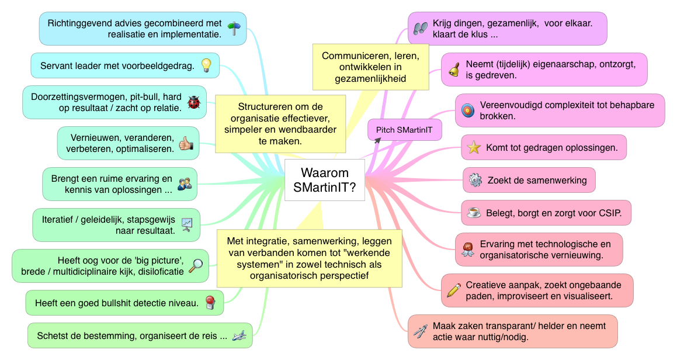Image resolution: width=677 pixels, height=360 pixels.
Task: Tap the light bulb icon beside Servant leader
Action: coord(206,65)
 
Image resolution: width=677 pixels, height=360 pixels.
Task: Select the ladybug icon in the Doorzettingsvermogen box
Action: coord(193,102)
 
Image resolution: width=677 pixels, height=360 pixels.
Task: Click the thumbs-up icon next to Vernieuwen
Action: coord(186,143)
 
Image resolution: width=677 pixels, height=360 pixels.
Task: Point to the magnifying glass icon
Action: coord(197,265)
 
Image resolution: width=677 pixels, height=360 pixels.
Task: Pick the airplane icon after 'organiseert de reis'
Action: coord(239,335)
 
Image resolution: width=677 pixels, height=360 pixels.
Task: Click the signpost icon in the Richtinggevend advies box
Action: coord(234,29)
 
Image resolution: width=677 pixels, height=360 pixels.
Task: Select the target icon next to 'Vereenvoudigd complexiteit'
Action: coord(467,110)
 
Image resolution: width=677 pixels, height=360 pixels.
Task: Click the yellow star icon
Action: coord(474,148)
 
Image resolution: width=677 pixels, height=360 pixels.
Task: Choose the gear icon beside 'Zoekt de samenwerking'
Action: coord(475,180)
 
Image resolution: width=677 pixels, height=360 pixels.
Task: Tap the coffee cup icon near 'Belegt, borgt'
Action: coord(474,213)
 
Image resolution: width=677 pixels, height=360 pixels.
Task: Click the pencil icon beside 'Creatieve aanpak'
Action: coord(453,290)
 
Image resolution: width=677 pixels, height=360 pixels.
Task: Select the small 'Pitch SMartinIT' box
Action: coord(404,130)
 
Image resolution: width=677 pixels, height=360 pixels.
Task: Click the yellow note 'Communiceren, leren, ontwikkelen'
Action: coord(371,67)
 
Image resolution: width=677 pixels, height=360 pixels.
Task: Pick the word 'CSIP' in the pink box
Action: coord(617,213)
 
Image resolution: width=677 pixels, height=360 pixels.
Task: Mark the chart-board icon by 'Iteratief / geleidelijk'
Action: coord(186,224)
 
